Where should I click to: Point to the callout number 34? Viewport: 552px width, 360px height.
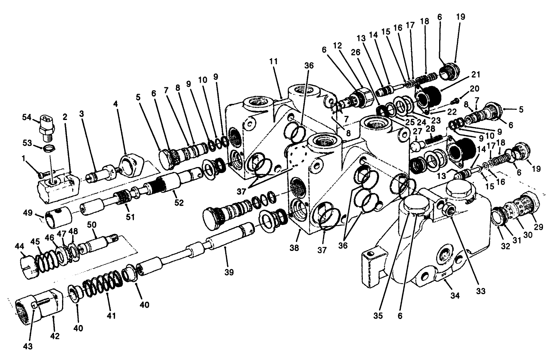click(x=455, y=296)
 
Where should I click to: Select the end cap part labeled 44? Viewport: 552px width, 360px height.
click(x=29, y=266)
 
